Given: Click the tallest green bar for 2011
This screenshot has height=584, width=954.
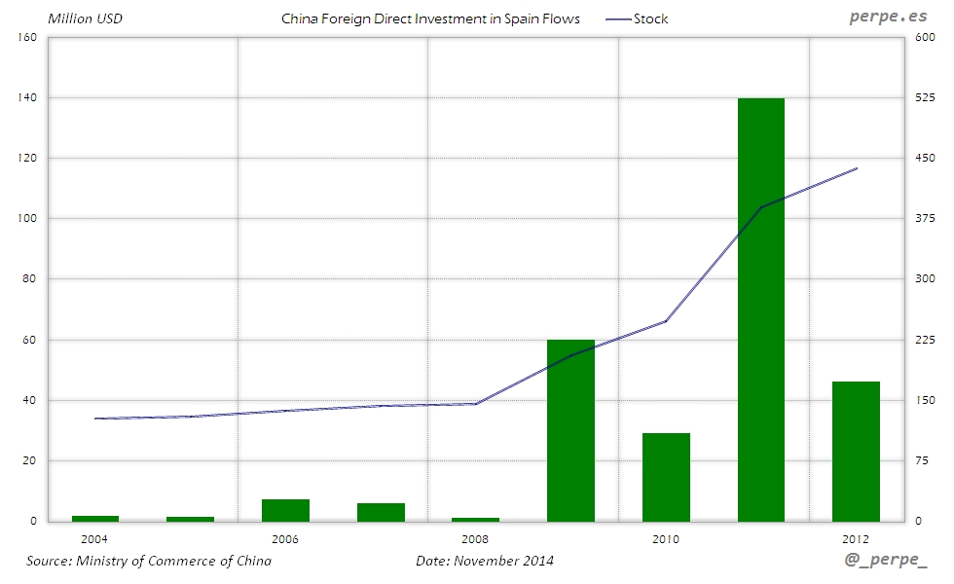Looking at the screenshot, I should click(761, 310).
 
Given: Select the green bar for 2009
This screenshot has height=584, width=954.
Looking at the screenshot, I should click(570, 430).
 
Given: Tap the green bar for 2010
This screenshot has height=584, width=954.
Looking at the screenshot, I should click(666, 477).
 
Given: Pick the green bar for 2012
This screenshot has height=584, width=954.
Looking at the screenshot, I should click(856, 451).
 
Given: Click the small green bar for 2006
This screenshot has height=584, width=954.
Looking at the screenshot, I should click(285, 510).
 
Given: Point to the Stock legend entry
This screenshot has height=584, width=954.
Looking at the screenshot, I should click(637, 18).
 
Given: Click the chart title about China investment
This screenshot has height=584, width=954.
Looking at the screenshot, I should click(430, 18).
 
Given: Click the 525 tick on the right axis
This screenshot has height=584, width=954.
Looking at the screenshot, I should click(922, 97).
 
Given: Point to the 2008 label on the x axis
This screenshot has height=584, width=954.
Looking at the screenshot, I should click(475, 538).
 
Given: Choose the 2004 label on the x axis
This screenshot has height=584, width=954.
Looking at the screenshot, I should click(95, 538).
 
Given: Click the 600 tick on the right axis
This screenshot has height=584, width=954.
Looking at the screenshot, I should click(922, 37).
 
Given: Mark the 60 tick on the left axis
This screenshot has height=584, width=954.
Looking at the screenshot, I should click(29, 340).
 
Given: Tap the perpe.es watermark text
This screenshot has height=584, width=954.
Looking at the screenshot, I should click(890, 18).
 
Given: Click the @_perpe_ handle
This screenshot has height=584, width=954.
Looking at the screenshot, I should click(888, 562).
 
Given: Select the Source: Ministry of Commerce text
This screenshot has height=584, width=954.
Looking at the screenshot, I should click(149, 561).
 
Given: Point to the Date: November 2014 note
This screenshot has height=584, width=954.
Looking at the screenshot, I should click(485, 561).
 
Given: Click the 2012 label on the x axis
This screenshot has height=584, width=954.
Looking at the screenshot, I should click(856, 538).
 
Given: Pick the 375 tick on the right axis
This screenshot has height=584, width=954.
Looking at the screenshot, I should click(922, 219).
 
